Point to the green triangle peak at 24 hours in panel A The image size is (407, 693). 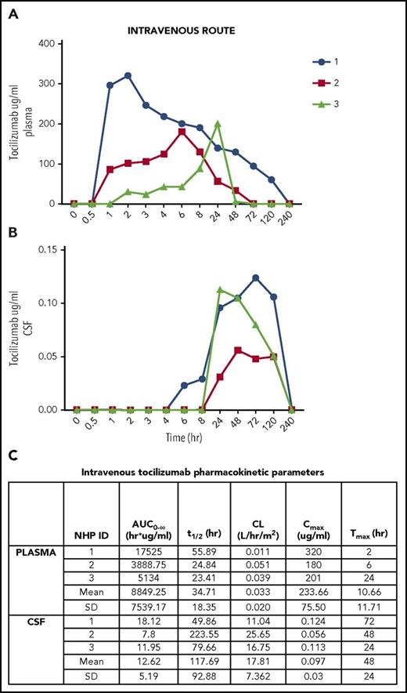pyautogui.click(x=218, y=124)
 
